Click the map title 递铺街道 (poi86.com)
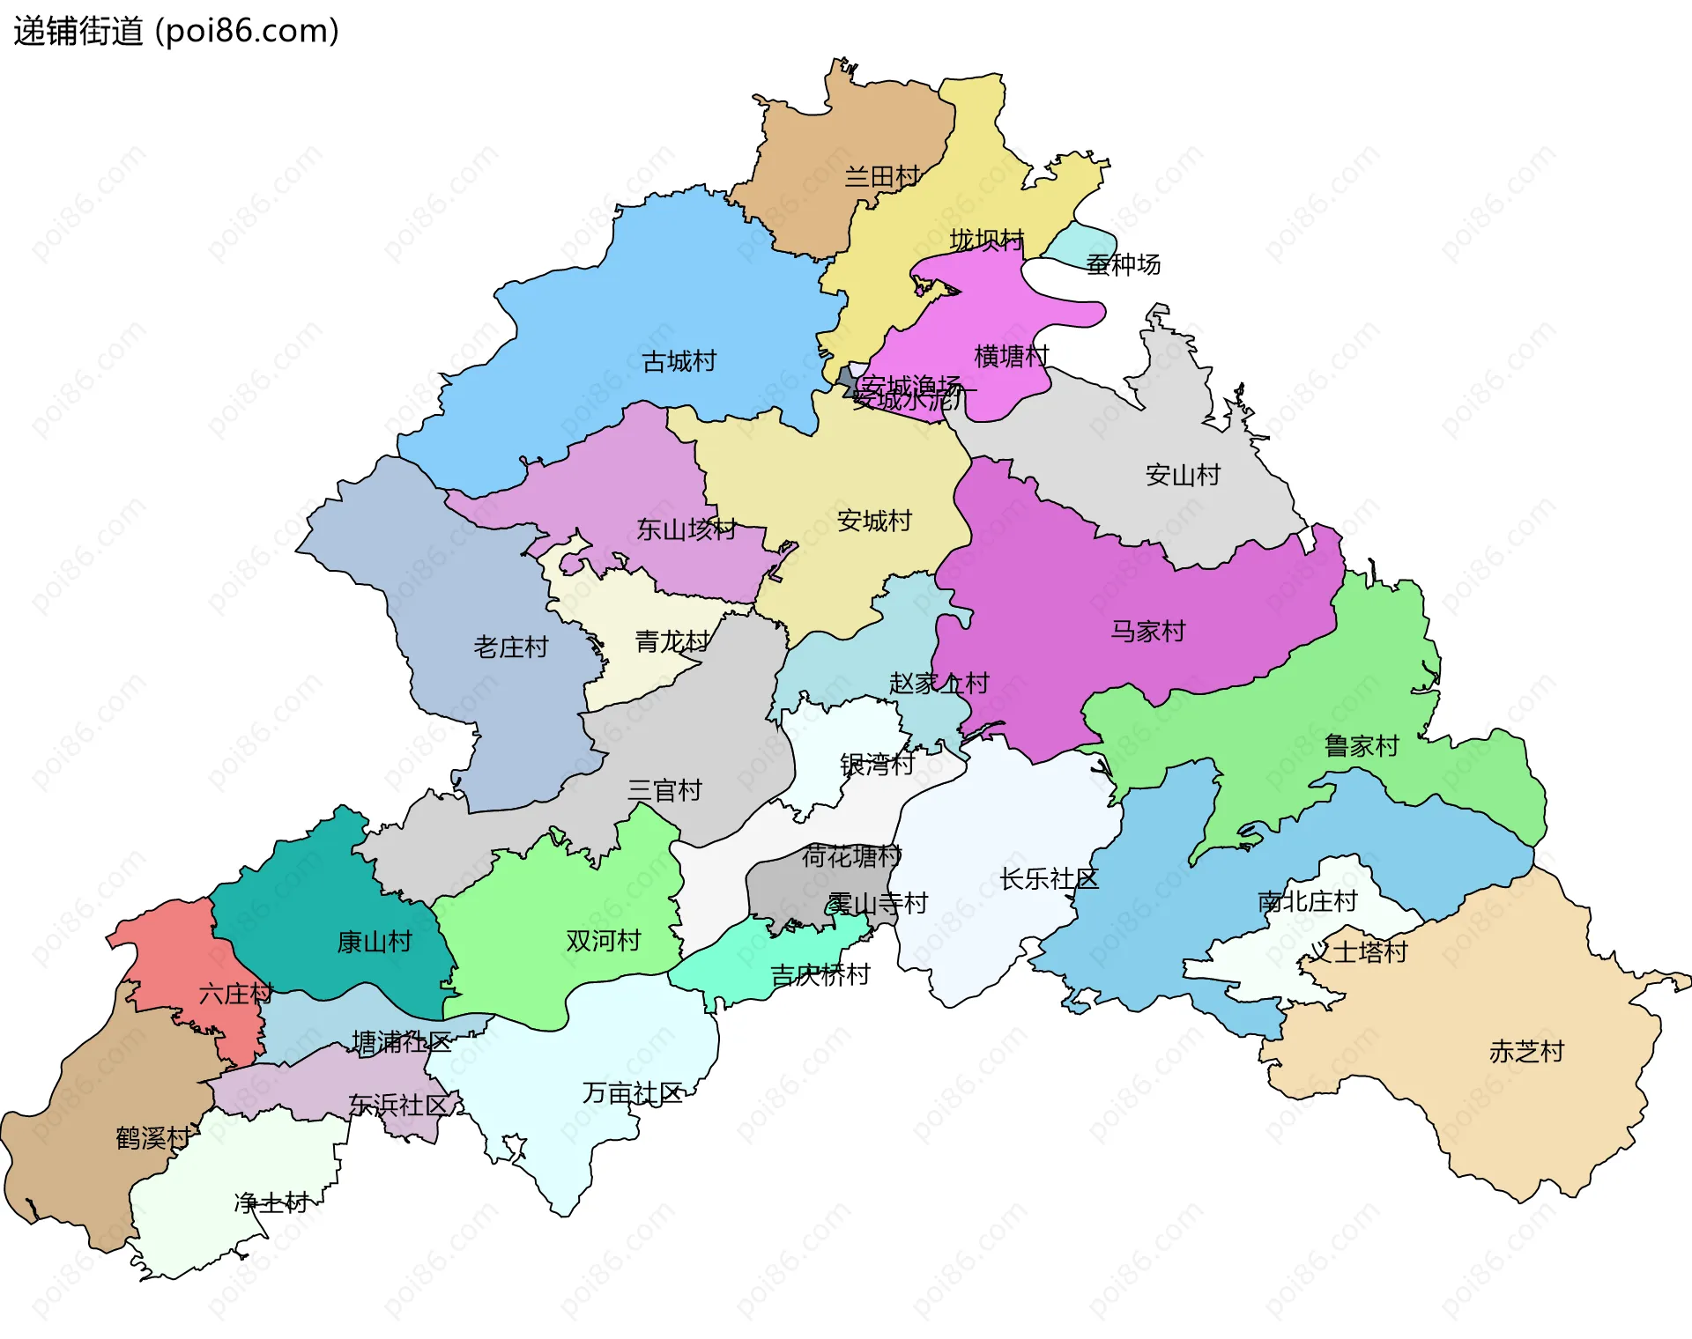pos(176,32)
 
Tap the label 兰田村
pos(882,177)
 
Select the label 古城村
pos(679,361)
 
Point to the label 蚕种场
pos(1123,264)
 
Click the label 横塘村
pos(1012,356)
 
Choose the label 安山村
pos(1183,476)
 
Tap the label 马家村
pos(1147,632)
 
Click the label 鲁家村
pos(1362,747)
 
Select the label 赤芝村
pos(1526,1052)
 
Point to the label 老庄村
pos(511,647)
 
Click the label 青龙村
pos(672,641)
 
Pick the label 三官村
pos(664,791)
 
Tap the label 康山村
pos(375,943)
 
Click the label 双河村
pos(603,941)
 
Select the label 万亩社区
pos(632,1094)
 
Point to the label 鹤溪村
pos(152,1138)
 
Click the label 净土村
pos(271,1202)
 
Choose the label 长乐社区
pos(1049,879)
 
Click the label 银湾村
pos(877,764)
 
